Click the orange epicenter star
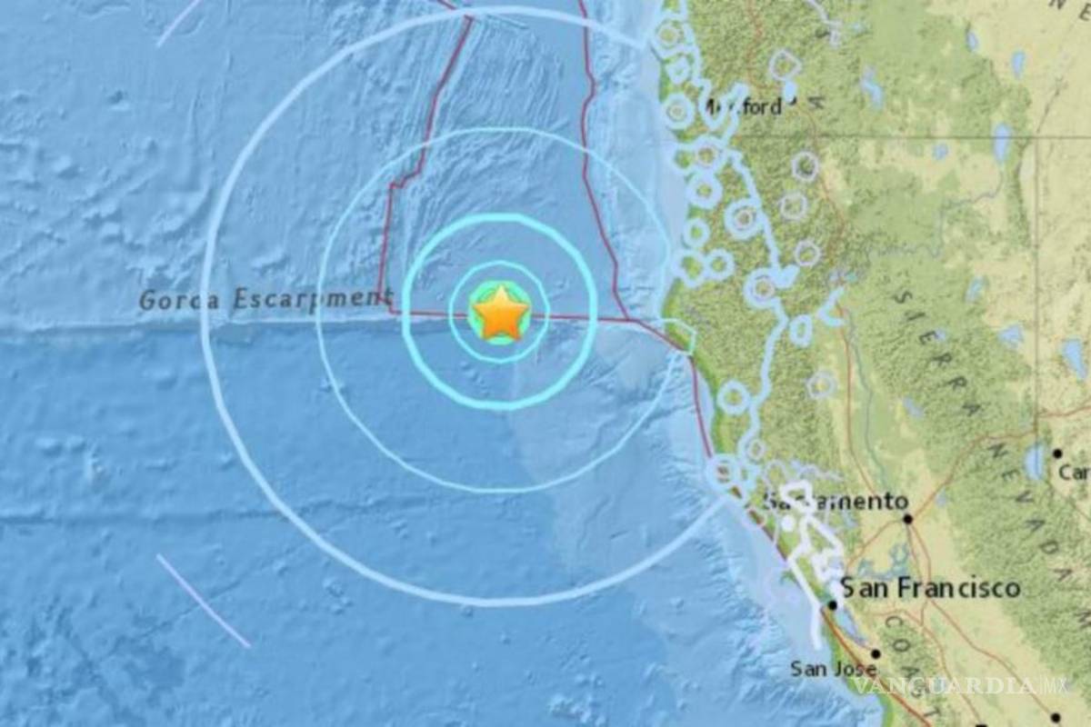(x=500, y=314)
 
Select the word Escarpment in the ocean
(x=309, y=299)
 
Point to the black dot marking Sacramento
(x=907, y=519)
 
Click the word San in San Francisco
(x=866, y=588)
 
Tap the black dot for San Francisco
(x=833, y=604)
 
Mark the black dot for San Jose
(x=876, y=653)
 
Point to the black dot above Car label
(x=1057, y=453)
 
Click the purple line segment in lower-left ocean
(x=203, y=601)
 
